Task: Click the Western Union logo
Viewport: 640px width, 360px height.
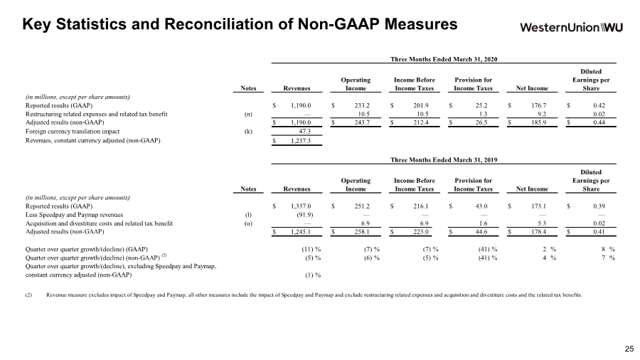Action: coord(572,27)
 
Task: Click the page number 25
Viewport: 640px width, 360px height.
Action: coord(629,349)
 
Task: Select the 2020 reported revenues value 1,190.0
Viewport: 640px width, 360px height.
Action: coord(301,105)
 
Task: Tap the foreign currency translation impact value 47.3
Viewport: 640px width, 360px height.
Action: coord(304,132)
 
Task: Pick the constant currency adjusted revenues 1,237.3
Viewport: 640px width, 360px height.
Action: coord(301,140)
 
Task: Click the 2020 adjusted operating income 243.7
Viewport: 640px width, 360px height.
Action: coord(362,122)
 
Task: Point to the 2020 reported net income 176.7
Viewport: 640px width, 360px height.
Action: coord(539,105)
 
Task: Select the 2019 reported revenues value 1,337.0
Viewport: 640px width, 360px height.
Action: coord(301,206)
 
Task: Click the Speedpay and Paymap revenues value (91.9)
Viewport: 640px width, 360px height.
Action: coord(304,215)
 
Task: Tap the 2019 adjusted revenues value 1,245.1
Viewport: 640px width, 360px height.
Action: coord(301,232)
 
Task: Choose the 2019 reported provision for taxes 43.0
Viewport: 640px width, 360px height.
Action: coord(481,206)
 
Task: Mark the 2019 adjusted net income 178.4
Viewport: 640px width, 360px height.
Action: coord(539,232)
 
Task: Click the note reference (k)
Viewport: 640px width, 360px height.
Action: coord(248,132)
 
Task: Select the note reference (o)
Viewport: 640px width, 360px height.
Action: coord(248,223)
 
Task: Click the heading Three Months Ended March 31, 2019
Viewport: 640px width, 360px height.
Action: coord(444,160)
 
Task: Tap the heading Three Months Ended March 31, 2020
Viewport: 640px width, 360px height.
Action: coord(444,59)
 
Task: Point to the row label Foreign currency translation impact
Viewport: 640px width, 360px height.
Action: coord(73,132)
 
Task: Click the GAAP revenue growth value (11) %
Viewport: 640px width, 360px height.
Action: coord(311,249)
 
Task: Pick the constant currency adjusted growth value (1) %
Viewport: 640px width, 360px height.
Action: coord(313,275)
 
